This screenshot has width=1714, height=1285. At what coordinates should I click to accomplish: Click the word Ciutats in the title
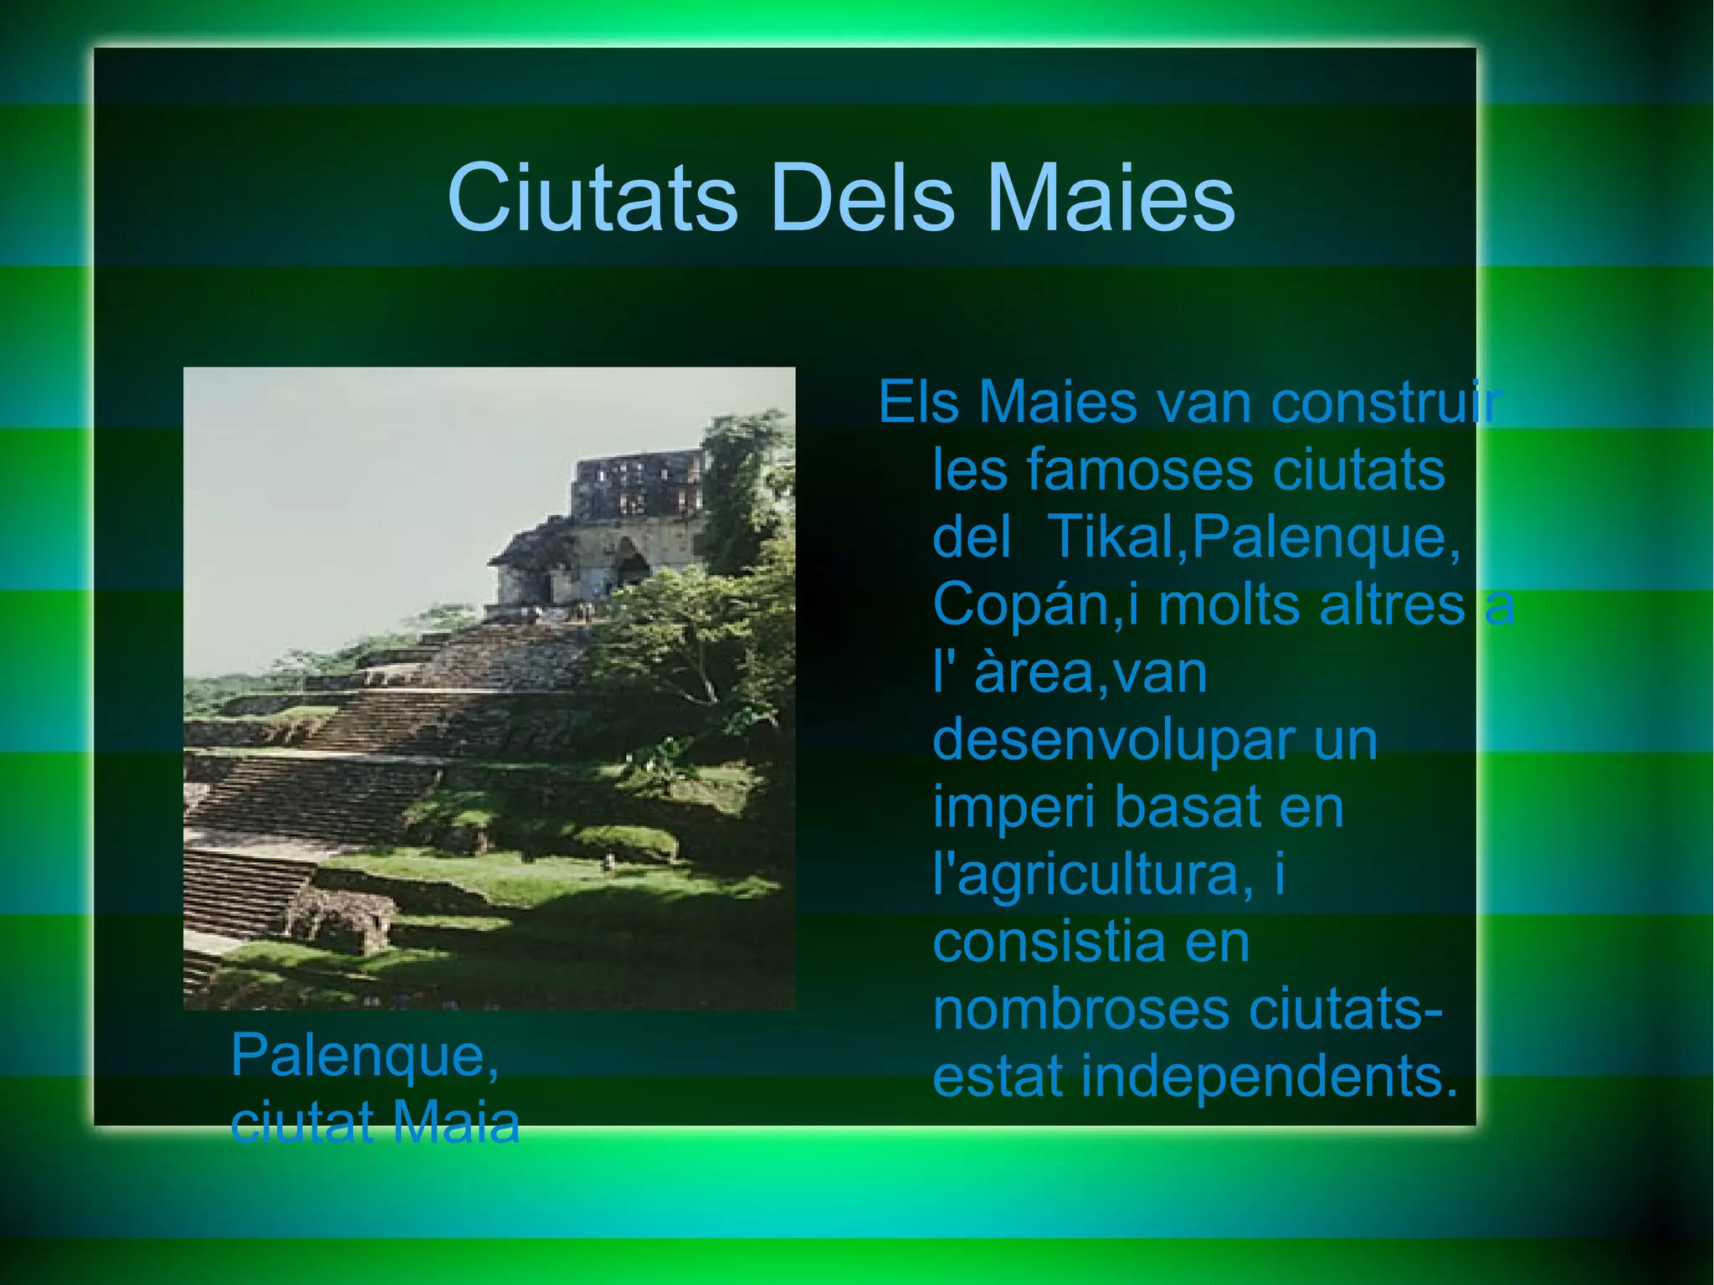tap(593, 199)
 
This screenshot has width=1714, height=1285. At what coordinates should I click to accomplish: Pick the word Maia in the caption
tap(456, 1123)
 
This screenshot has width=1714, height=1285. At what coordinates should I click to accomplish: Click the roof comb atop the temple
tap(636, 486)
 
